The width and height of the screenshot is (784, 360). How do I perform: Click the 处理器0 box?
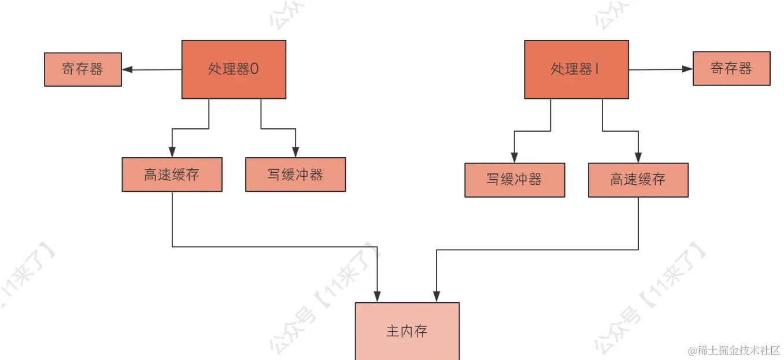click(x=234, y=69)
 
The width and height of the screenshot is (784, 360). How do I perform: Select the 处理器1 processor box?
click(x=576, y=69)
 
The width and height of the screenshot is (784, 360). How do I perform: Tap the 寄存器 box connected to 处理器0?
click(x=83, y=69)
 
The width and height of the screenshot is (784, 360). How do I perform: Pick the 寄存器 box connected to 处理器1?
click(x=731, y=68)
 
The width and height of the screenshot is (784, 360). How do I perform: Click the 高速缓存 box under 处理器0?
click(x=172, y=175)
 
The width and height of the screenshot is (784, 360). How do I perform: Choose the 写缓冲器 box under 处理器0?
click(x=295, y=175)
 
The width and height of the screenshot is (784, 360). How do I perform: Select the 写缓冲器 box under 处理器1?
click(x=515, y=180)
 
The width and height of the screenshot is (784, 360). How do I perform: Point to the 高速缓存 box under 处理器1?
click(x=638, y=180)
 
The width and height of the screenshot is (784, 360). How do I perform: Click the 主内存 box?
click(x=406, y=331)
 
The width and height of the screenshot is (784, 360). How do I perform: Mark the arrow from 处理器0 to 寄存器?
click(x=151, y=70)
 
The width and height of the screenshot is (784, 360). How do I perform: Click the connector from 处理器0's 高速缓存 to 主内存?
click(x=275, y=247)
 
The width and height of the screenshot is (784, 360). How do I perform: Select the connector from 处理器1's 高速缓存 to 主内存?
click(x=538, y=250)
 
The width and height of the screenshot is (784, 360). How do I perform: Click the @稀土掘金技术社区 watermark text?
click(x=734, y=350)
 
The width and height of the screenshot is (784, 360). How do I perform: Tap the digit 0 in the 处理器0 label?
click(x=254, y=69)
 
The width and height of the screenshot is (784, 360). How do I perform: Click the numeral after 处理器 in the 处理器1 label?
click(x=597, y=69)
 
